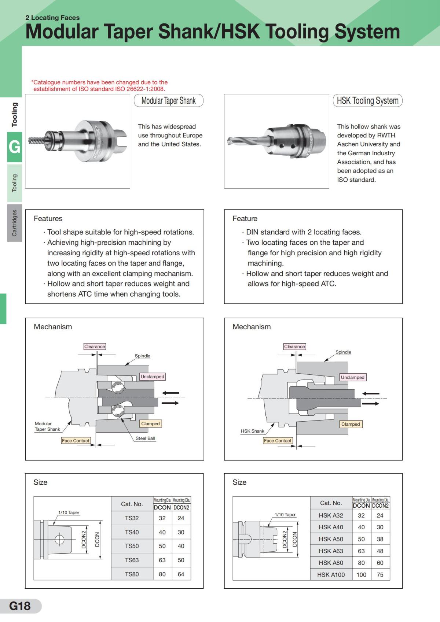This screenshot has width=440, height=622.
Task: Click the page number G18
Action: tap(20, 606)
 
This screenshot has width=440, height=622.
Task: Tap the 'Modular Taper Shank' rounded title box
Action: tap(169, 101)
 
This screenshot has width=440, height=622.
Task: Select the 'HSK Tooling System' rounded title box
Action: tap(367, 101)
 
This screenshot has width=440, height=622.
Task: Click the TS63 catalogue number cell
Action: tap(132, 560)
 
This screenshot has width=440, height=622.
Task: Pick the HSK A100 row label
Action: tap(331, 575)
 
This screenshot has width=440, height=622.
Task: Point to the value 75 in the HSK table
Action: tap(380, 575)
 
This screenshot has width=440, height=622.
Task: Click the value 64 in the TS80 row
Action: tap(181, 574)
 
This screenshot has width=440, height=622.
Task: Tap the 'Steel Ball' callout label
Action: tap(145, 438)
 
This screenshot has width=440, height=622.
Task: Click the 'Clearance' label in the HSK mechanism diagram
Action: tap(294, 347)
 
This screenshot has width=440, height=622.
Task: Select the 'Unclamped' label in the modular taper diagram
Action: tap(153, 377)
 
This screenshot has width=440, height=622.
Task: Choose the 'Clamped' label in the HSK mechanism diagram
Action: tap(351, 424)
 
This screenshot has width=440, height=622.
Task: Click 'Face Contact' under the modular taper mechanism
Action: tap(76, 441)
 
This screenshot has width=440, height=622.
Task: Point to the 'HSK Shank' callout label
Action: tap(252, 431)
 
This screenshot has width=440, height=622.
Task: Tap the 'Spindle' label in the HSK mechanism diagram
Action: tap(343, 352)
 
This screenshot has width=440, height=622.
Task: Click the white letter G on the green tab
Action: tap(14, 147)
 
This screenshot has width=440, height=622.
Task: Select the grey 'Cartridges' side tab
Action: tap(14, 223)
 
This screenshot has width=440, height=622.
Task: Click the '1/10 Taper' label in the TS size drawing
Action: tap(69, 512)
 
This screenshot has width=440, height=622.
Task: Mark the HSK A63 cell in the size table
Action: tap(331, 551)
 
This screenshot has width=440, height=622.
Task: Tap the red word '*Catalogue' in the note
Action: tap(45, 82)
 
